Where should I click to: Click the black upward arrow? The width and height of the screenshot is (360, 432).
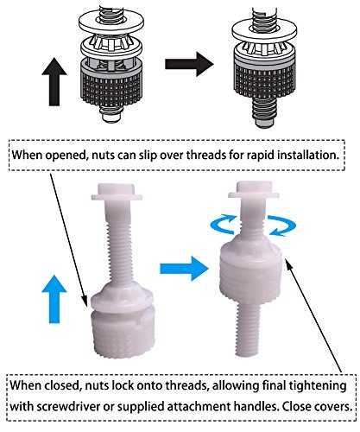pyautogui.click(x=54, y=81)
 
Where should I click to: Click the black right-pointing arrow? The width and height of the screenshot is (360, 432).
pyautogui.click(x=189, y=64)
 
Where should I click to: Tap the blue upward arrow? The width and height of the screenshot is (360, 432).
pyautogui.click(x=54, y=299)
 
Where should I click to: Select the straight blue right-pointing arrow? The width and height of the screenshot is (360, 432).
pyautogui.click(x=184, y=269)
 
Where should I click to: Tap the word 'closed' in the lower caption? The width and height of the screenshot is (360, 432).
pyautogui.click(x=61, y=385)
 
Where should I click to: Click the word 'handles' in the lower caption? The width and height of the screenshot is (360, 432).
pyautogui.click(x=256, y=407)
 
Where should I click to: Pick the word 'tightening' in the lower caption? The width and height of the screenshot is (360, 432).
pyautogui.click(x=318, y=386)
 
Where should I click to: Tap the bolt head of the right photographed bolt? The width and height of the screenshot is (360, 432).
pyautogui.click(x=254, y=190)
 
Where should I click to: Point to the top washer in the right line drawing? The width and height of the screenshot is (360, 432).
pyautogui.click(x=264, y=29)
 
